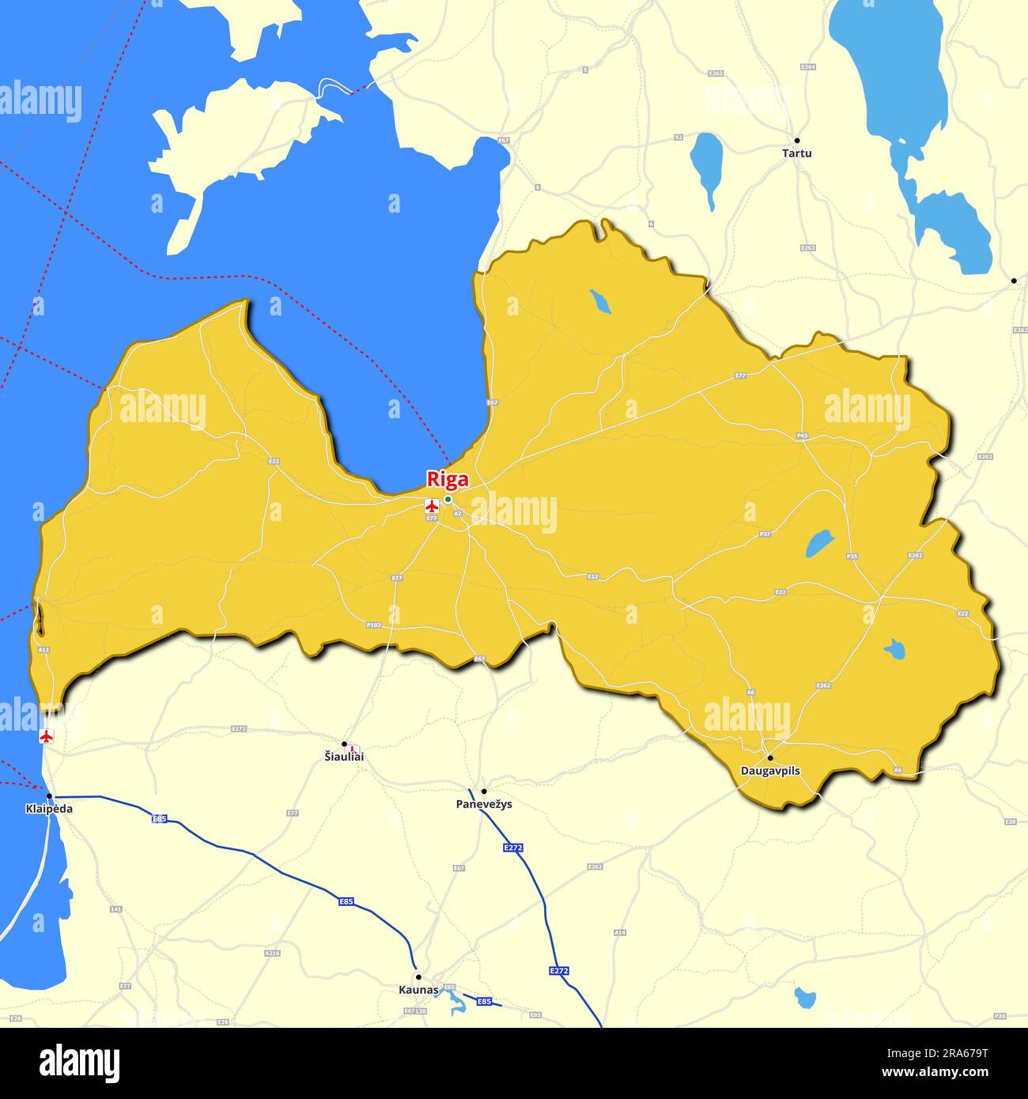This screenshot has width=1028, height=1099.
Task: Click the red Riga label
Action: (x=448, y=479)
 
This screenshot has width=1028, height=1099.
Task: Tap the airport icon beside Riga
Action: (x=432, y=506)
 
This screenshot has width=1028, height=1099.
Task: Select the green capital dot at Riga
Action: (x=448, y=499)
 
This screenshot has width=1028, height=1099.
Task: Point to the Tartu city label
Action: (x=796, y=153)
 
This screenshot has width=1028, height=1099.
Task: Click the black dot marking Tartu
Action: (x=797, y=140)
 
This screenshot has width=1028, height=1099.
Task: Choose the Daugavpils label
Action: (x=770, y=771)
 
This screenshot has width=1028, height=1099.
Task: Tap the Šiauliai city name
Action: (x=345, y=757)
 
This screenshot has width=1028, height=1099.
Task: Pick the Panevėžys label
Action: (x=484, y=804)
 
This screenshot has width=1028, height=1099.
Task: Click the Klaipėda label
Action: (x=49, y=809)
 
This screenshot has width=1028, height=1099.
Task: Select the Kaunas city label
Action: (x=418, y=989)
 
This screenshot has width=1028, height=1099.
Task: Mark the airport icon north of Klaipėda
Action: (x=47, y=737)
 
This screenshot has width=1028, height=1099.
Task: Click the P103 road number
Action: (x=374, y=625)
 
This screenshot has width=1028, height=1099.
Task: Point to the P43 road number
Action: (x=803, y=436)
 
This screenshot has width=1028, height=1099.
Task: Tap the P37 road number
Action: (x=765, y=534)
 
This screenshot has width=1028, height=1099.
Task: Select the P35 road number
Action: (x=852, y=557)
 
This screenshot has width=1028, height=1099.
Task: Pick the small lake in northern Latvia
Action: (x=600, y=301)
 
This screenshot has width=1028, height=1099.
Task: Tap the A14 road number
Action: (x=620, y=933)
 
